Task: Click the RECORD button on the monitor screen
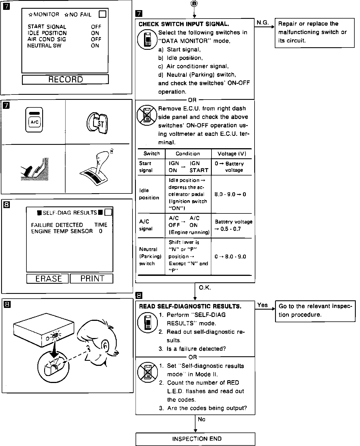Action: click(65, 79)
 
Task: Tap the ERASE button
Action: click(48, 278)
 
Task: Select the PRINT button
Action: click(92, 278)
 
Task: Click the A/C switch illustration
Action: click(34, 120)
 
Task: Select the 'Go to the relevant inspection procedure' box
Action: click(315, 310)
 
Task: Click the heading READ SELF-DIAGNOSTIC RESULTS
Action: click(190, 306)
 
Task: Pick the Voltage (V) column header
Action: click(231, 154)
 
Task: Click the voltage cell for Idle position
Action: click(230, 194)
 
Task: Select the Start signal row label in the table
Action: click(146, 167)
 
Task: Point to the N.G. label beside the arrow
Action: click(262, 23)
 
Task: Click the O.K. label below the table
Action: click(204, 288)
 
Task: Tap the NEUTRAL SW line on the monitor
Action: click(44, 46)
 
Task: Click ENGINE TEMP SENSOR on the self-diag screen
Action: click(62, 231)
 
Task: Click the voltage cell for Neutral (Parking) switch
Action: click(230, 256)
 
